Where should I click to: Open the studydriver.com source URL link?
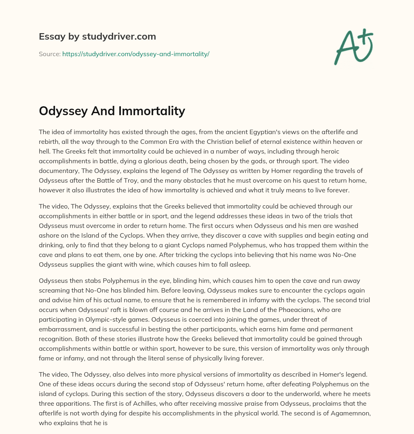(x=135, y=54)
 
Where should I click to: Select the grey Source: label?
(x=49, y=54)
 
